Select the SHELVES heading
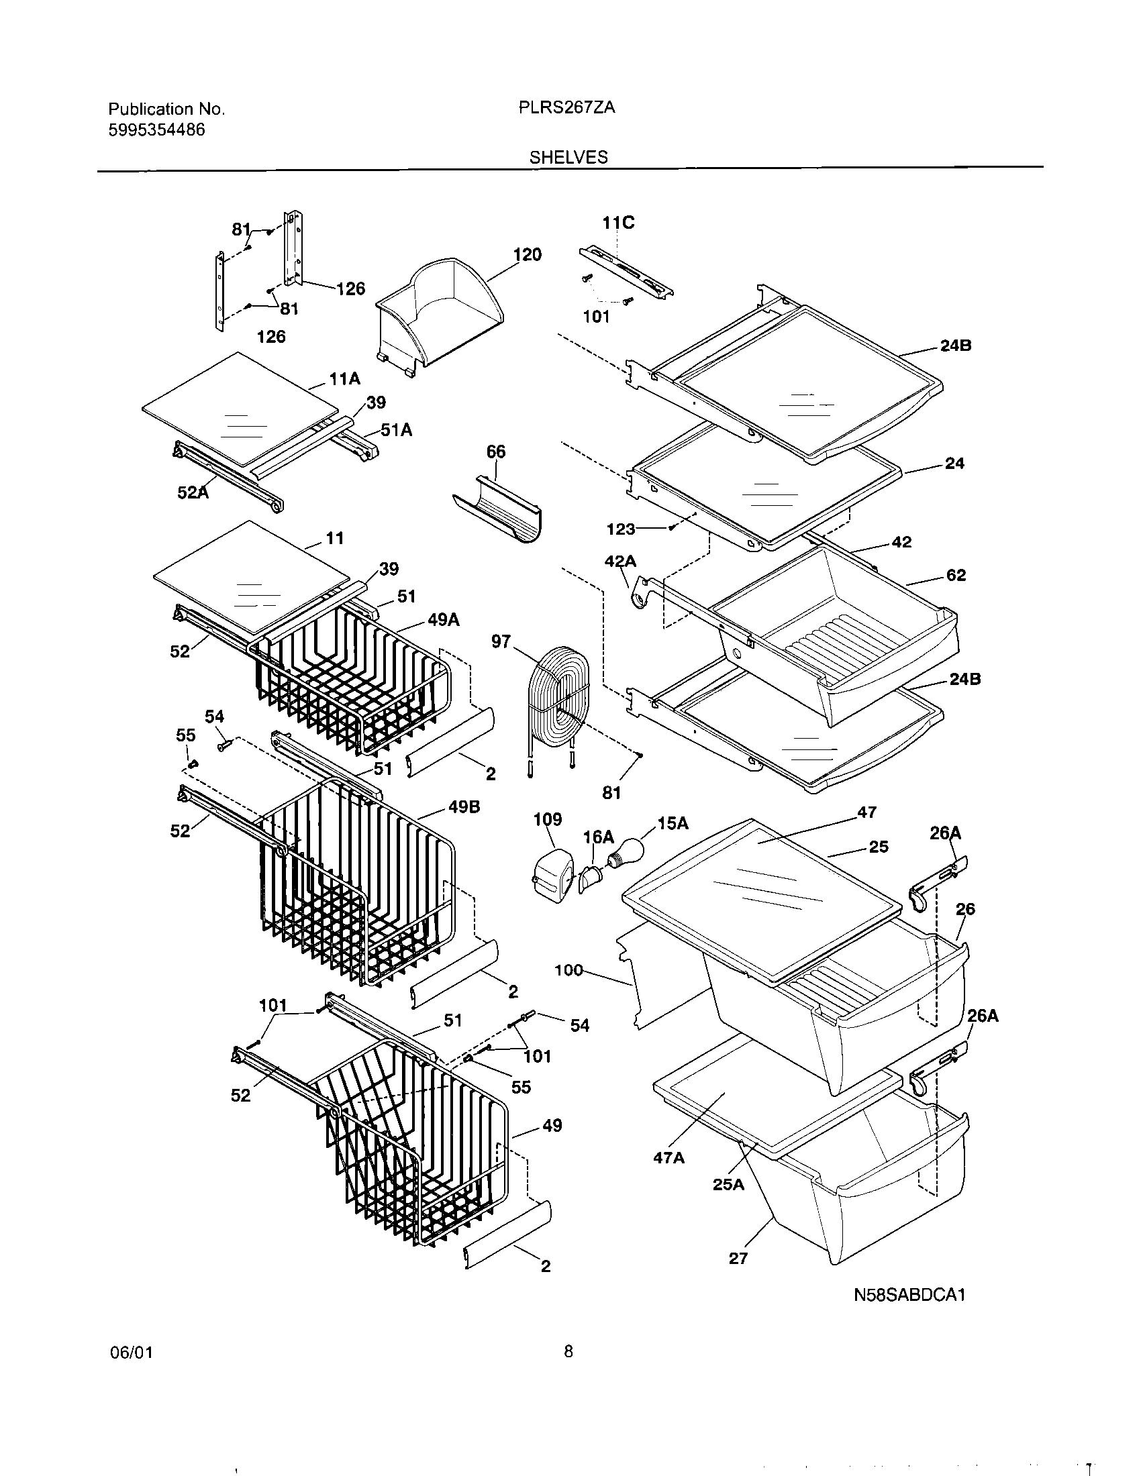(568, 158)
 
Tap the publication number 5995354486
(157, 129)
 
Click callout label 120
(528, 255)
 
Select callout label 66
(496, 452)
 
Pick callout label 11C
(619, 222)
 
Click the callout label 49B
(464, 807)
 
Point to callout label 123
(621, 529)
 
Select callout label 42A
(620, 561)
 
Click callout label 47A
(668, 1177)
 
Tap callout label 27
(738, 1258)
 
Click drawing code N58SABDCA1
(909, 1295)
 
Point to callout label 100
(568, 971)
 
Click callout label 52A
(193, 493)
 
